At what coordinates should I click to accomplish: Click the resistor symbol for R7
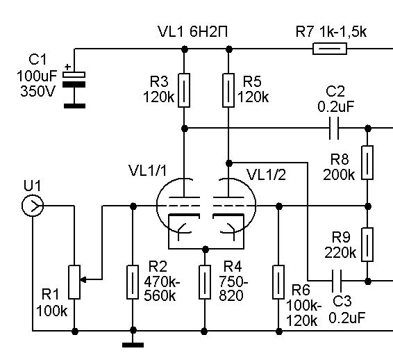point(330,49)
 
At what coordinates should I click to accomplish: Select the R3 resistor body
point(184,90)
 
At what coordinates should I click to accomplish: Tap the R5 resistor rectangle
point(228,90)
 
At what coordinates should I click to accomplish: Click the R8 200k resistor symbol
point(367,163)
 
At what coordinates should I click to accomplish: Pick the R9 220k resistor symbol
point(367,245)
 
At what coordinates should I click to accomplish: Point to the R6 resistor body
point(278,282)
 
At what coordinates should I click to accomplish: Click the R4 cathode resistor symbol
point(205,282)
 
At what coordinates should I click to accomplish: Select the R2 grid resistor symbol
point(133,282)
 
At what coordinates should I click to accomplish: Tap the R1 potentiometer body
point(74,282)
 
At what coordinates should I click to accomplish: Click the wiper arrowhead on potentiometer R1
point(83,279)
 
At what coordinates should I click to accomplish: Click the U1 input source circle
point(33,206)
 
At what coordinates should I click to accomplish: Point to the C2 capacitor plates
point(334,128)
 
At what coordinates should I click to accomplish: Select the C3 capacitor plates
point(336,281)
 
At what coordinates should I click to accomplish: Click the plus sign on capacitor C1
point(67,67)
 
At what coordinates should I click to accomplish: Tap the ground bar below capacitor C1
point(74,106)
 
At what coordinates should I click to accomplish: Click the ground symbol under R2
point(133,345)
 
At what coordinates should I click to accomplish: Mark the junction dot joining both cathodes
point(206,249)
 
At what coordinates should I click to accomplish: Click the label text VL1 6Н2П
point(193,32)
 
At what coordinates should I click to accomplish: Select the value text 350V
point(37,91)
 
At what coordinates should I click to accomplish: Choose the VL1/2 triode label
point(266,175)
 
